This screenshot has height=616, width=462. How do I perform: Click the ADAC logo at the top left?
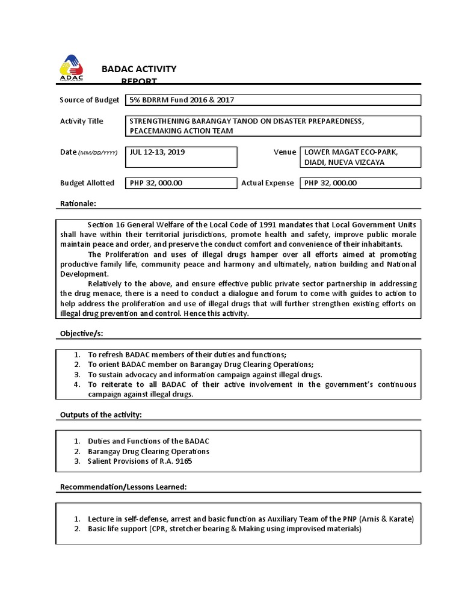pyautogui.click(x=72, y=68)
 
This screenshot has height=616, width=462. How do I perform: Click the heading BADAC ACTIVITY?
pyautogui.click(x=139, y=69)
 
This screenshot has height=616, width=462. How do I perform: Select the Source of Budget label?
pyautogui.click(x=90, y=100)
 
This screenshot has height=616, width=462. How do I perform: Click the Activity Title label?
pyautogui.click(x=81, y=121)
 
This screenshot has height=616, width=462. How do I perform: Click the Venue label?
pyautogui.click(x=285, y=152)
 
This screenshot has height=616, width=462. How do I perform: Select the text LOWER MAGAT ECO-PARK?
pyautogui.click(x=351, y=152)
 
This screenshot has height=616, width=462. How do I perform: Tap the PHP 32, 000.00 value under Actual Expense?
pyautogui.click(x=331, y=183)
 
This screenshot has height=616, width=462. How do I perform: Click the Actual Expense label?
pyautogui.click(x=268, y=183)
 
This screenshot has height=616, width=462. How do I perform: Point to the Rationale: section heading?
pyautogui.click(x=78, y=203)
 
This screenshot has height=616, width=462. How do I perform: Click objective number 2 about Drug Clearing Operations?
pyautogui.click(x=200, y=365)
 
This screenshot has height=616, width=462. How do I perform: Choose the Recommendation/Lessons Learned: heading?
pyautogui.click(x=123, y=486)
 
